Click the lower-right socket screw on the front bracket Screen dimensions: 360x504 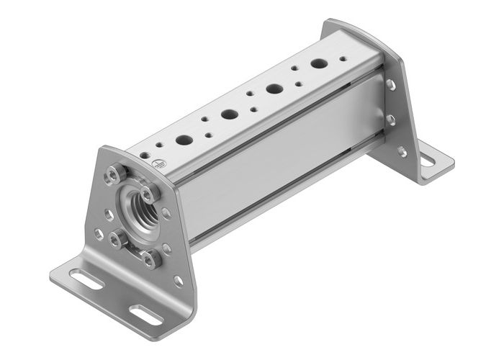click(x=150, y=259)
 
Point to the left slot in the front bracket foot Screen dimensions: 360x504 click(x=87, y=279)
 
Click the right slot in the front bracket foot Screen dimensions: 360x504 click(x=145, y=314)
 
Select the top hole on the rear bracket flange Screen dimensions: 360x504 click(x=390, y=84)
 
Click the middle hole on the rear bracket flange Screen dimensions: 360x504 click(x=391, y=119)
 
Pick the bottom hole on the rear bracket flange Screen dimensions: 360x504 click(x=401, y=152)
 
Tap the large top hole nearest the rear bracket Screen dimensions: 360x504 click(x=318, y=63)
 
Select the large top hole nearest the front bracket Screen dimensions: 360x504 click(x=184, y=140)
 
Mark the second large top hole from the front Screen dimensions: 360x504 click(x=229, y=114)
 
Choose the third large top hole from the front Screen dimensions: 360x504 click(x=274, y=89)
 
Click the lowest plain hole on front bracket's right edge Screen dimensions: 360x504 click(x=178, y=281)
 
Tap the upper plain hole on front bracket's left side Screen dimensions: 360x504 click(x=108, y=213)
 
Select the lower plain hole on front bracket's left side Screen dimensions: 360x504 click(x=99, y=233)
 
